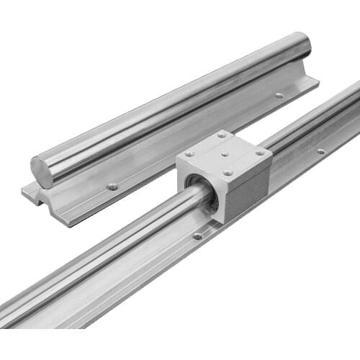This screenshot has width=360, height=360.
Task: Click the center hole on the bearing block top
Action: (224, 153)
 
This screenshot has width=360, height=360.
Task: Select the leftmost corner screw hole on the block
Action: (189, 153)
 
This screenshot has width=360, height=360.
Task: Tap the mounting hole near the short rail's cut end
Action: (112, 186)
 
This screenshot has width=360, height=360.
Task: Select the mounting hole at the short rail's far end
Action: (279, 95)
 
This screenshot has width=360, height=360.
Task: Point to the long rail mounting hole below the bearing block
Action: (197, 235)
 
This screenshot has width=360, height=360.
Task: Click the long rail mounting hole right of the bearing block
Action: (320, 151)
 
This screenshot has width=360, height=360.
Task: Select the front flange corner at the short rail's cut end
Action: (72, 220)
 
